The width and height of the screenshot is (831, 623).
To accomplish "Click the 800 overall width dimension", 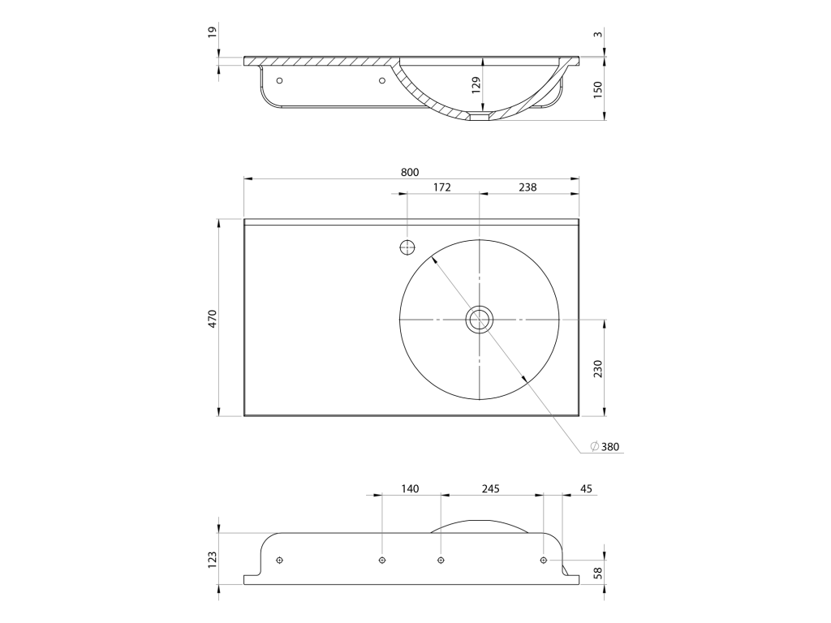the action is point(410,172).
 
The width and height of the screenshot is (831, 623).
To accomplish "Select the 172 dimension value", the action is point(442,187).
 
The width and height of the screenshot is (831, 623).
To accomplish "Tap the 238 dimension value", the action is point(527,187).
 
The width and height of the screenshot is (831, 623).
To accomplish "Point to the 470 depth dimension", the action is point(212,318).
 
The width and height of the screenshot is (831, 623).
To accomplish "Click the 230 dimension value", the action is point(598,368).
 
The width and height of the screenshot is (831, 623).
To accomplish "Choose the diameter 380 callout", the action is point(605,447).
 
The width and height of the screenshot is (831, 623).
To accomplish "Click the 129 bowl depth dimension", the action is point(476,85).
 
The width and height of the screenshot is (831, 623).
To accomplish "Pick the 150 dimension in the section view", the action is point(598,89).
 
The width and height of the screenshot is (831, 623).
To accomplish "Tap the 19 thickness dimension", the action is point(212,32).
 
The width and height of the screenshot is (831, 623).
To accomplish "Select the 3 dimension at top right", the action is point(598,34).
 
